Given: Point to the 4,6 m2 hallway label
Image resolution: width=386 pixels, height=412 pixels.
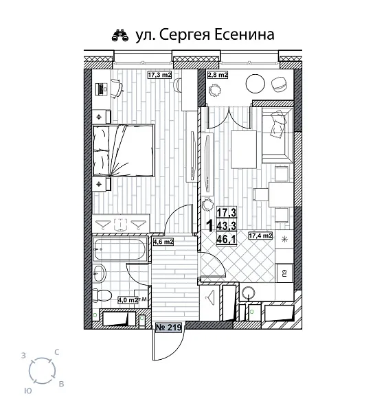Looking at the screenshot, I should click(163, 241).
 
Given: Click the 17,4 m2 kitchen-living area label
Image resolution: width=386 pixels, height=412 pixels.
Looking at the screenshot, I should click(260, 236).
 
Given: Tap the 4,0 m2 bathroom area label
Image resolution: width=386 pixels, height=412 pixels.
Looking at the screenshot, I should click(128, 299).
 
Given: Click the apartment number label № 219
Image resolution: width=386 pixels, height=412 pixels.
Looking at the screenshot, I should click(168, 328).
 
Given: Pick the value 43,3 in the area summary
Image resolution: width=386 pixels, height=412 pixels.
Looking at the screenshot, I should click(227, 225).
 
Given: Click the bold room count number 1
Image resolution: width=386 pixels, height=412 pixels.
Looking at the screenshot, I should click(209, 225).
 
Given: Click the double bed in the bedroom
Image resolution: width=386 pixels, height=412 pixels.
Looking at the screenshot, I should click(122, 149).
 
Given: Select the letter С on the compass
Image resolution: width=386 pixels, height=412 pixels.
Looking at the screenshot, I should click(56, 352).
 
